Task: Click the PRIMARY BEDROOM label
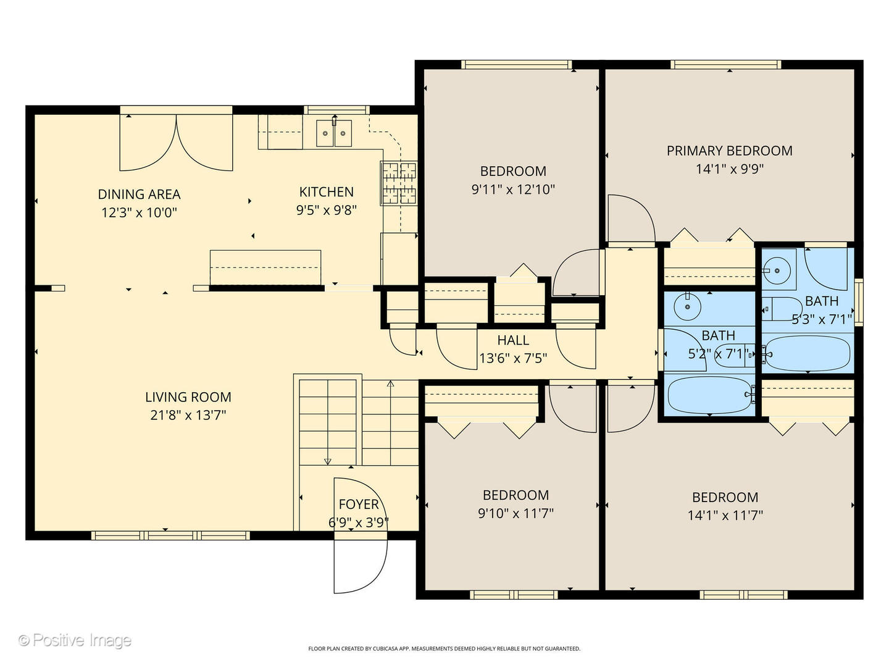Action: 729,151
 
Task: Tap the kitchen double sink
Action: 334,133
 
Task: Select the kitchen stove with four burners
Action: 399,183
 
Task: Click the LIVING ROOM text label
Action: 188,397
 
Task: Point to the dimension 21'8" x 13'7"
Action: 188,415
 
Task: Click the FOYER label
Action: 358,505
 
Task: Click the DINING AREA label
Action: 140,195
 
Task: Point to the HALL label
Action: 513,340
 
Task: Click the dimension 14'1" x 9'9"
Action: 729,169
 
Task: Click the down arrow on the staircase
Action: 327,460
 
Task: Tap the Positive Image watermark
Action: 75,640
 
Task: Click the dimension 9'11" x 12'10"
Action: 513,190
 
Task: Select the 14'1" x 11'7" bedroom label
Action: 725,498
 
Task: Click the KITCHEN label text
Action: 326,192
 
